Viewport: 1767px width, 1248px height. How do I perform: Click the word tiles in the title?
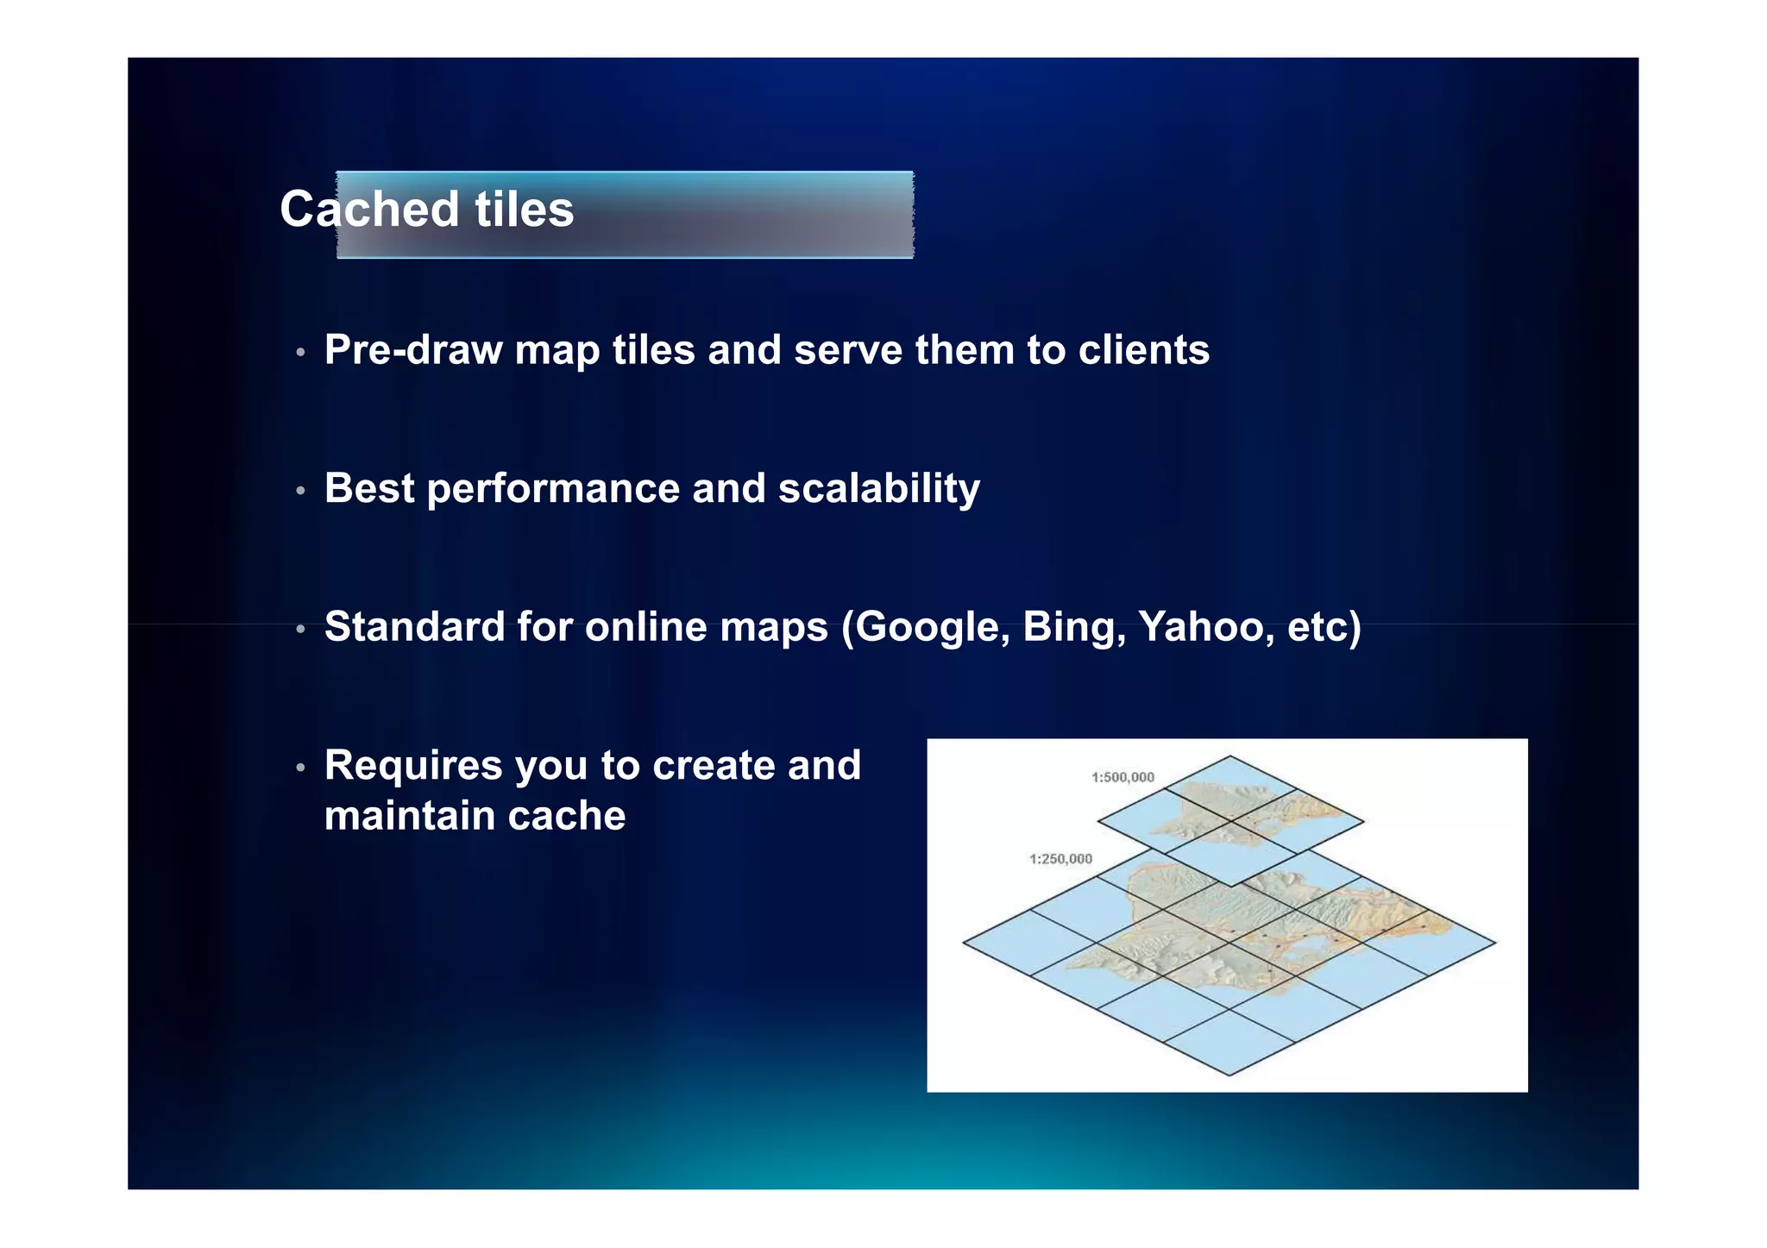point(524,210)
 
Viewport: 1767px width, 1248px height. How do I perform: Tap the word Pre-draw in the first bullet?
point(413,350)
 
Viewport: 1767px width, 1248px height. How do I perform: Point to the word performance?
point(553,489)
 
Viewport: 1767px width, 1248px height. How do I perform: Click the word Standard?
point(414,627)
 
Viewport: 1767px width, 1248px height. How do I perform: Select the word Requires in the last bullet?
point(412,766)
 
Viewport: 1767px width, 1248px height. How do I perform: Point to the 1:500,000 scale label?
point(1122,777)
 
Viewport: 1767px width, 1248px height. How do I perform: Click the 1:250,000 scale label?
point(1060,859)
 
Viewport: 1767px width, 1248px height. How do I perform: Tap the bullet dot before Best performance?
point(300,492)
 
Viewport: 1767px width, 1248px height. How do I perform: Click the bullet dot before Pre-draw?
point(300,353)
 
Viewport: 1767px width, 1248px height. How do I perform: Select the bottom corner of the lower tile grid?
point(1229,1075)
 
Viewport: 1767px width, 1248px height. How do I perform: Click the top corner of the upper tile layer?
point(1230,756)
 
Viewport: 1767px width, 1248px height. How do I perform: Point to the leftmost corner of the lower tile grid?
point(964,943)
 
